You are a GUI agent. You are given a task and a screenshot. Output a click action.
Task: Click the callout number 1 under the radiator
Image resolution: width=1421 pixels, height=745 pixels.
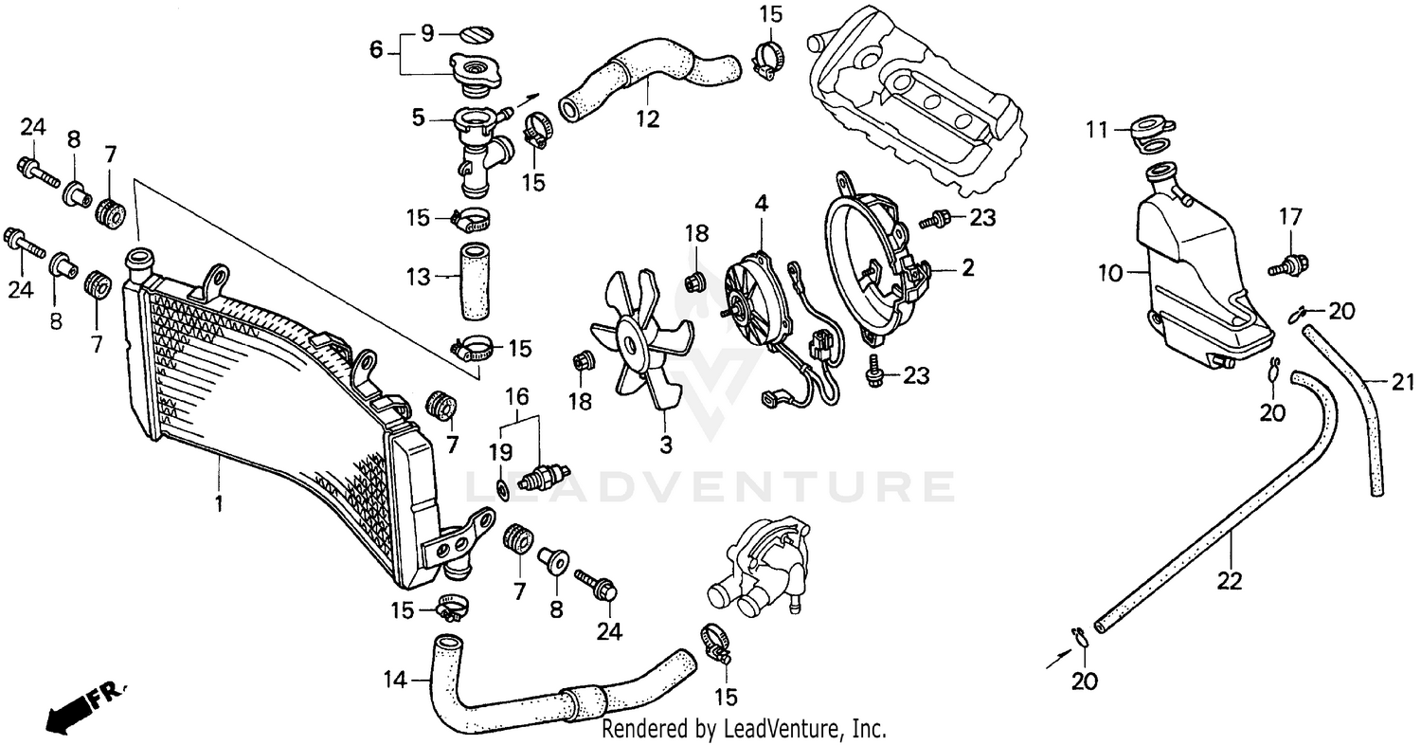(219, 502)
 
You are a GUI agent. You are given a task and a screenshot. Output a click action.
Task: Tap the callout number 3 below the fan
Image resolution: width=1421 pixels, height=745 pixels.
(666, 443)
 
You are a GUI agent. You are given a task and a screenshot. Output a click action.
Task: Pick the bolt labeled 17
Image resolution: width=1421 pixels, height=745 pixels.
(1290, 264)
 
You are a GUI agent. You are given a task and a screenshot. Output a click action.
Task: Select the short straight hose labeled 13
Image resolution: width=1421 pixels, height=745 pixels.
(475, 281)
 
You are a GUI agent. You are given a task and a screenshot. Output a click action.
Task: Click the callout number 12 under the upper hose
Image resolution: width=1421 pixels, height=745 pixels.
(648, 119)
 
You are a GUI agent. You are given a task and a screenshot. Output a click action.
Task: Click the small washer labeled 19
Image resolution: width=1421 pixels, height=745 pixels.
(502, 490)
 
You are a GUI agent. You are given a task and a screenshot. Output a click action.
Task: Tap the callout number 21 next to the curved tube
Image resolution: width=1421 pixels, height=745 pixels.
(1401, 382)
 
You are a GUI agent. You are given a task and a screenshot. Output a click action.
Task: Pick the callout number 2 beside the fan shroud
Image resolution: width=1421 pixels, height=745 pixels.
(966, 268)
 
